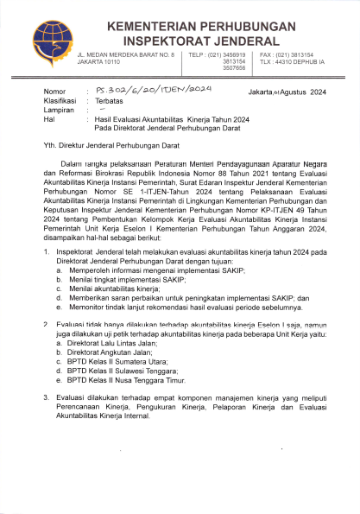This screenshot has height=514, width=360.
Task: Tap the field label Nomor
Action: (x=54, y=90)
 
